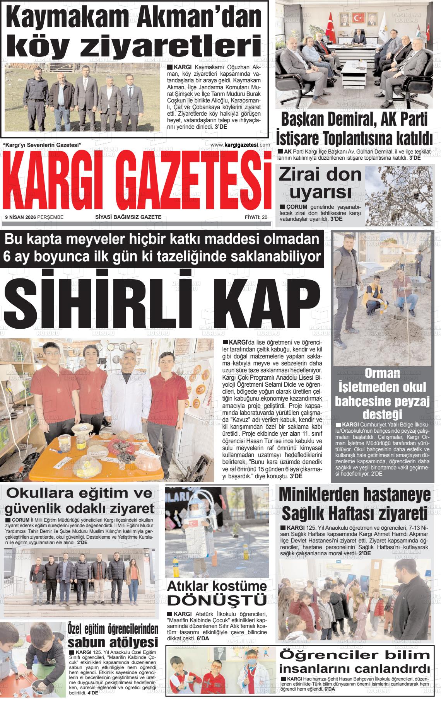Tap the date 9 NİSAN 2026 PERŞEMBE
click(x=34, y=217)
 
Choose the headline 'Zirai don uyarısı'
click(x=320, y=183)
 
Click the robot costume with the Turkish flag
click(x=195, y=530)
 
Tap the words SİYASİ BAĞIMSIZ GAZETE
click(x=128, y=217)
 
